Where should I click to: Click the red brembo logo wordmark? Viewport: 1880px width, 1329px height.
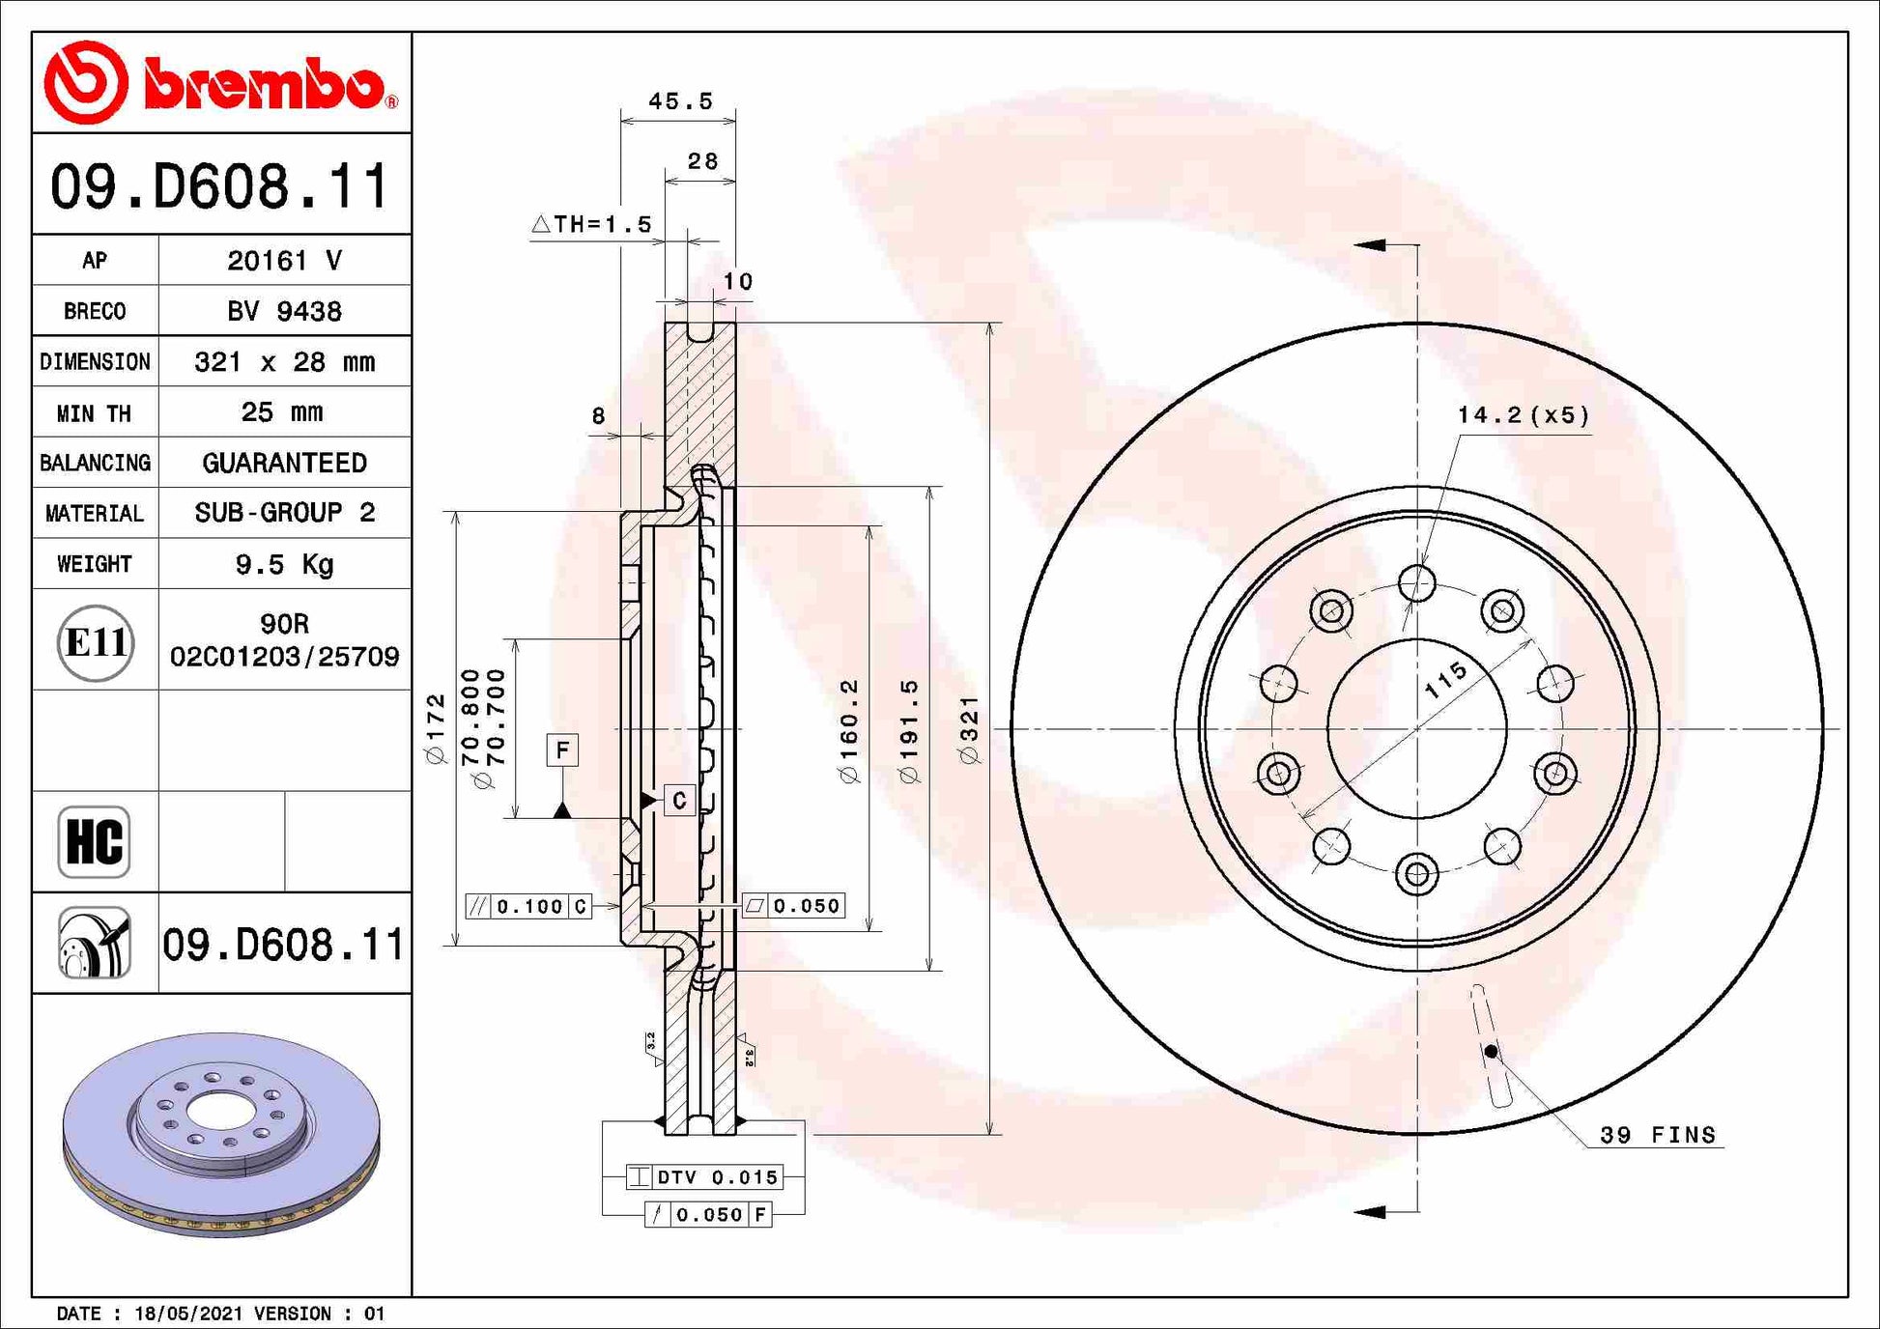point(263,85)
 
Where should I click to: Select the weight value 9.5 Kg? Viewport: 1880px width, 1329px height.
point(284,564)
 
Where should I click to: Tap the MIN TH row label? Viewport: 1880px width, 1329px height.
point(94,413)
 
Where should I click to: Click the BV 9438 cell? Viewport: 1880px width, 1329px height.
point(284,311)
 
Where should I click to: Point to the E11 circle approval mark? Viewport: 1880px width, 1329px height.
point(95,642)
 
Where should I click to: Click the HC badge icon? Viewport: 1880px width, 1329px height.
point(94,841)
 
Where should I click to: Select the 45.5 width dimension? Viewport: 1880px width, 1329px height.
point(680,101)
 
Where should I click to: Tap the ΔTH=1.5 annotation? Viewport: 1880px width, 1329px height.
point(592,224)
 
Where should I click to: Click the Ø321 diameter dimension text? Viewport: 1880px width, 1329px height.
point(970,729)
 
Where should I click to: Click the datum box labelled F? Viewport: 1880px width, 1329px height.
point(562,749)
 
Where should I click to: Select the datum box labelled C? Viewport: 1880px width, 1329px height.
point(679,800)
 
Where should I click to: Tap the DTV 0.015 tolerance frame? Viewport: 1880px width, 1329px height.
point(704,1176)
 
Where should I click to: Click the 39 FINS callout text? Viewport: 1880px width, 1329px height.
point(1658,1135)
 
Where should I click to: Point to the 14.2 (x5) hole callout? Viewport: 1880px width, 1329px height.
point(1523,415)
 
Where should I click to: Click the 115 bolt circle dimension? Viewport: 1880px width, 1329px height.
point(1446,680)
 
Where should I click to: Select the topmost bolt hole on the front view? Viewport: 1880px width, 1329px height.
point(1416,583)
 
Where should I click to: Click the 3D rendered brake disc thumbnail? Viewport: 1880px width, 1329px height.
point(221,1135)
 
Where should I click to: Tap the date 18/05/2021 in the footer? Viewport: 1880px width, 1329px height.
point(189,1314)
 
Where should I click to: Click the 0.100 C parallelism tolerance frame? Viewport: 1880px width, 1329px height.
point(528,906)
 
